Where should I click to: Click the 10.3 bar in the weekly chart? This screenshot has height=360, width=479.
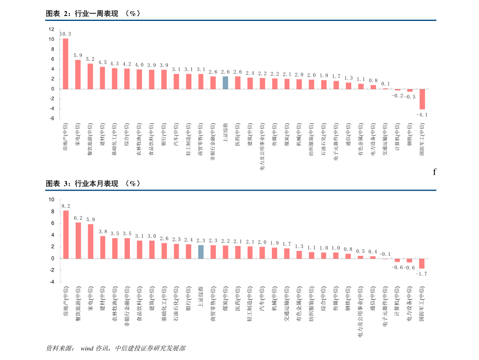coord(66,64)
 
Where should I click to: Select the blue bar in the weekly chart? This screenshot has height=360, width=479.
coord(225,82)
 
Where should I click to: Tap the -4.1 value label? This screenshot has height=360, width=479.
coord(422,115)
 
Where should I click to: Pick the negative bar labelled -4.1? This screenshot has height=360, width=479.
coord(422,99)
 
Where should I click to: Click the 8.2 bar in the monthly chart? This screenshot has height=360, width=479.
coord(66,235)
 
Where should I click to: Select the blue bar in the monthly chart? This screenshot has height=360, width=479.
coord(201,252)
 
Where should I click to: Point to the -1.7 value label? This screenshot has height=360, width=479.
coord(421,274)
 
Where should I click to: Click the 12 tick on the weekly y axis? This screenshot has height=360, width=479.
coord(51,29)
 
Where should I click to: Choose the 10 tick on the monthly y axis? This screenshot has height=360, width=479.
coord(51,200)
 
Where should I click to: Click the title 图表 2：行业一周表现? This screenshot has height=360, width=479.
coord(82,13)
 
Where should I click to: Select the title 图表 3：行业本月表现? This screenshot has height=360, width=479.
coord(82,183)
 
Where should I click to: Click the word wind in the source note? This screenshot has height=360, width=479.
coord(87,348)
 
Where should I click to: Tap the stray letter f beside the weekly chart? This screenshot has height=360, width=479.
coord(434,172)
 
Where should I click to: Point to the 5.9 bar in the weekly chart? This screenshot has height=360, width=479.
coord(78,74)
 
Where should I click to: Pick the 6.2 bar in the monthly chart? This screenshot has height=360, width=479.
coord(78,241)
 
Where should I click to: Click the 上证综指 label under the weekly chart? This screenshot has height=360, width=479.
coord(225,133)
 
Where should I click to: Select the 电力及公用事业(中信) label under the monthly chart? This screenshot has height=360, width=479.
coord(360,311)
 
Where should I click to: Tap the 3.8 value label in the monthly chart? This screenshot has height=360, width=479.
coord(103,232)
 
